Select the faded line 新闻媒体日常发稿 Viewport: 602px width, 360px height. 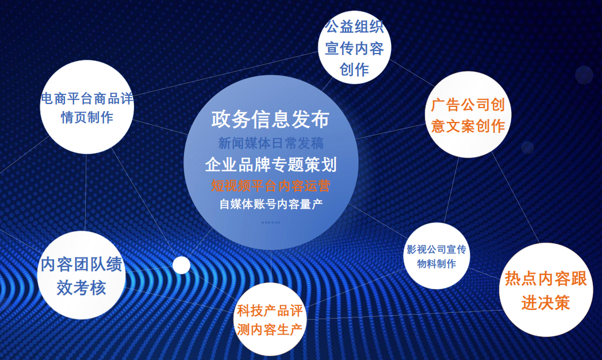[x=271, y=143]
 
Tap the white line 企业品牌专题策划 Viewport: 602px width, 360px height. [x=271, y=164]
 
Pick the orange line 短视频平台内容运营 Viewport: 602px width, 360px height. [x=271, y=186]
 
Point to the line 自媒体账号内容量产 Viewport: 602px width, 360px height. [x=271, y=204]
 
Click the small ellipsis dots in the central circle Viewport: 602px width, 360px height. [x=271, y=222]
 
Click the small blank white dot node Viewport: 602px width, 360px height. [x=181, y=265]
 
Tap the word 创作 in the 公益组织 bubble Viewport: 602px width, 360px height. [x=354, y=70]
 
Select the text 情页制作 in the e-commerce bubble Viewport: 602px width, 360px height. [x=87, y=117]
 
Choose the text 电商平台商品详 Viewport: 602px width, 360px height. [x=87, y=99]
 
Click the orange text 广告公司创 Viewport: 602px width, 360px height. [x=467, y=105]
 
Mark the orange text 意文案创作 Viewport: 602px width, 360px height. [x=467, y=126]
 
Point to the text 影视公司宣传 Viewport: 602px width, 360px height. [x=436, y=250]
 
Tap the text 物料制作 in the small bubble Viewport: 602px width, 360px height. [x=436, y=263]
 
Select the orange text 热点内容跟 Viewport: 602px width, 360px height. [x=546, y=279]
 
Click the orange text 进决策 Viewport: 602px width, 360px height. [x=546, y=302]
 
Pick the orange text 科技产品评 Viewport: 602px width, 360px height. [x=270, y=311]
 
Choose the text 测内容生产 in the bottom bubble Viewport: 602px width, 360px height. [x=270, y=330]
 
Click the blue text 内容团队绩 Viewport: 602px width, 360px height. [x=82, y=264]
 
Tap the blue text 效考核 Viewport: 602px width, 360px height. [x=82, y=288]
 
